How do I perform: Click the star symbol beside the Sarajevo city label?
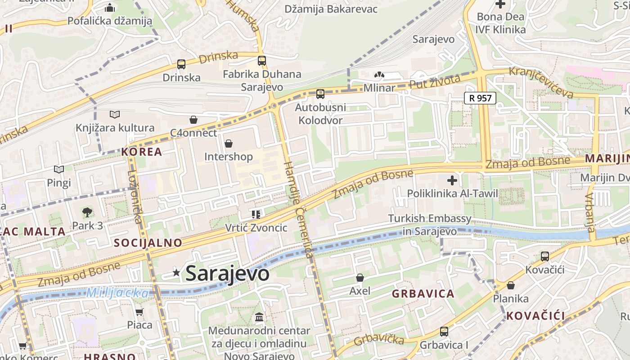(x=176, y=272)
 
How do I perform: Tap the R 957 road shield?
(x=480, y=98)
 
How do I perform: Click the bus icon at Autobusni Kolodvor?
(x=320, y=94)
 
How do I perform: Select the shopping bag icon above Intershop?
(x=229, y=144)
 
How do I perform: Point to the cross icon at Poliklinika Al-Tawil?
(x=452, y=181)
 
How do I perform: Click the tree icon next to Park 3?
(x=87, y=212)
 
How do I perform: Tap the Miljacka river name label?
(x=117, y=293)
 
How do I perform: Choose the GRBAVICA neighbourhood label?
(x=423, y=294)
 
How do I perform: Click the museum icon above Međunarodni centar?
(x=259, y=317)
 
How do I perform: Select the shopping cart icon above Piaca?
(x=139, y=312)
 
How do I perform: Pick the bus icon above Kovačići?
(x=544, y=256)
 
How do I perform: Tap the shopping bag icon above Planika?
(x=511, y=285)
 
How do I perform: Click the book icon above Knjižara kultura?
(x=115, y=115)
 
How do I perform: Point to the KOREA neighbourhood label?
(x=141, y=152)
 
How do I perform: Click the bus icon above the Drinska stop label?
(x=181, y=64)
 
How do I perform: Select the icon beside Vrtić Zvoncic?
(x=256, y=215)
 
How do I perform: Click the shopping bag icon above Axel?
(x=360, y=278)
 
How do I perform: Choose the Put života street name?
(x=435, y=82)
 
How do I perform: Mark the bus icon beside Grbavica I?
(x=444, y=331)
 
